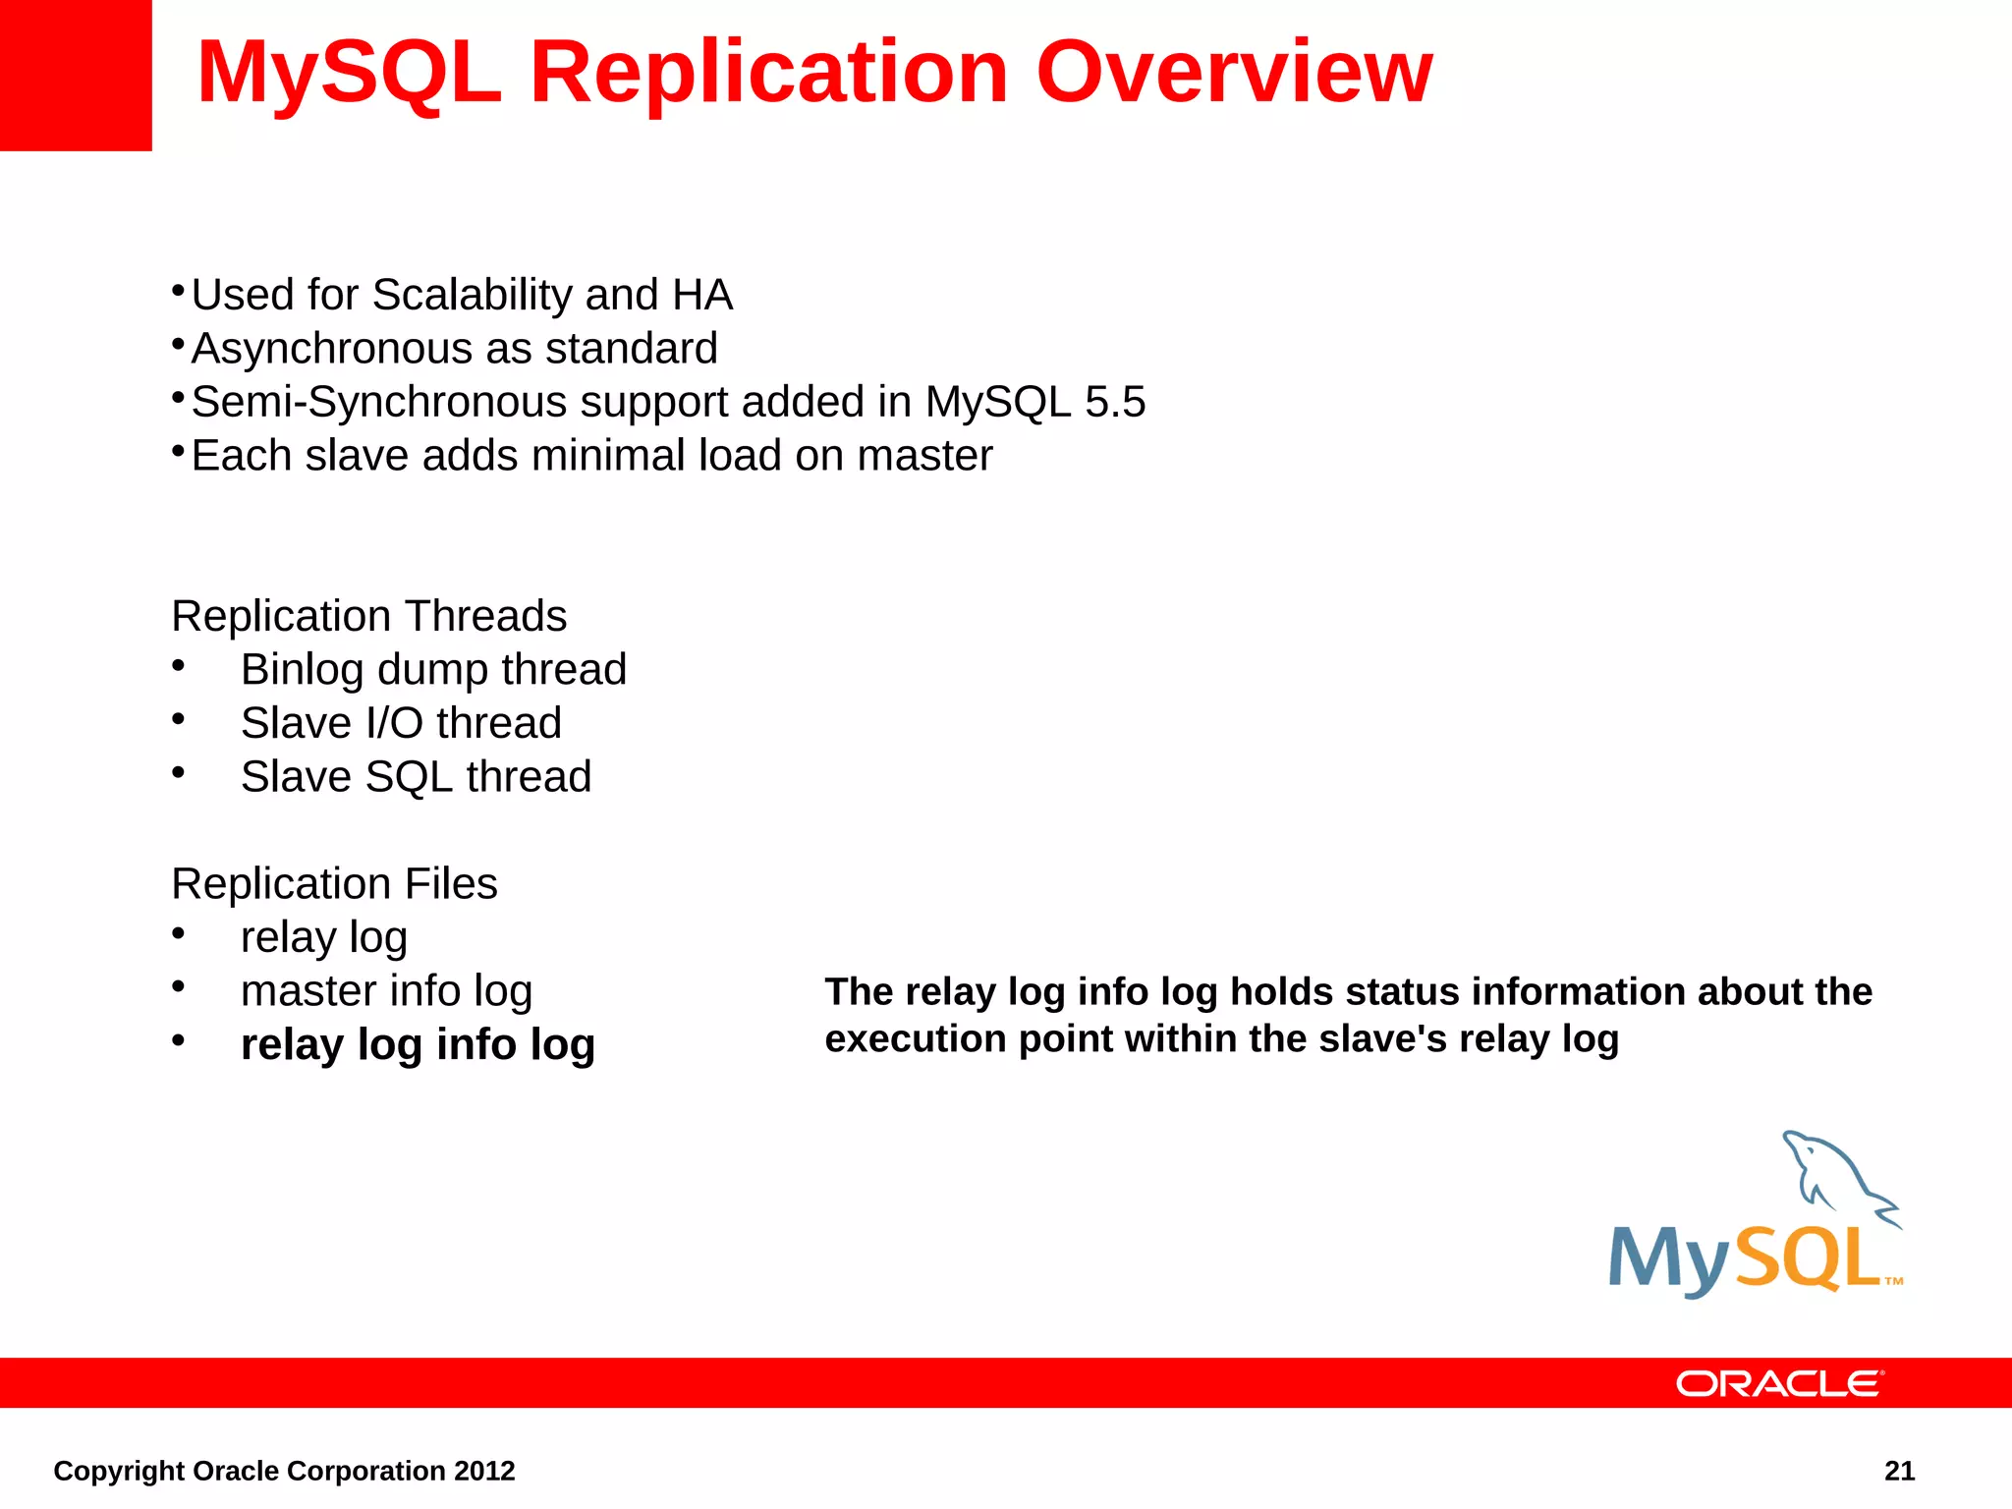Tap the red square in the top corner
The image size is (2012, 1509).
(76, 75)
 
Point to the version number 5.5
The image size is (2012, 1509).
(1115, 402)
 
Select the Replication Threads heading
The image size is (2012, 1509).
(368, 616)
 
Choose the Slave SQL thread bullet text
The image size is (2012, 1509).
(416, 777)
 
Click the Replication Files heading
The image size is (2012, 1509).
(334, 883)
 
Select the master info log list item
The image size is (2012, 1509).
(386, 990)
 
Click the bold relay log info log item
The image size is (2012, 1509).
(418, 1044)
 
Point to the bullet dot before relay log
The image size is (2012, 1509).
(178, 933)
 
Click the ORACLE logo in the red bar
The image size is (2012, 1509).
(1779, 1383)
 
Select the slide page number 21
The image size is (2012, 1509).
(1899, 1471)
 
